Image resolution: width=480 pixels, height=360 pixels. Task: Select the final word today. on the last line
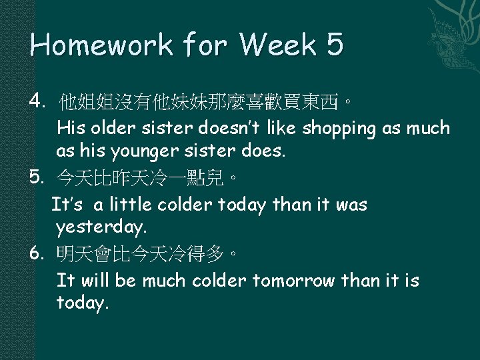(x=82, y=305)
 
